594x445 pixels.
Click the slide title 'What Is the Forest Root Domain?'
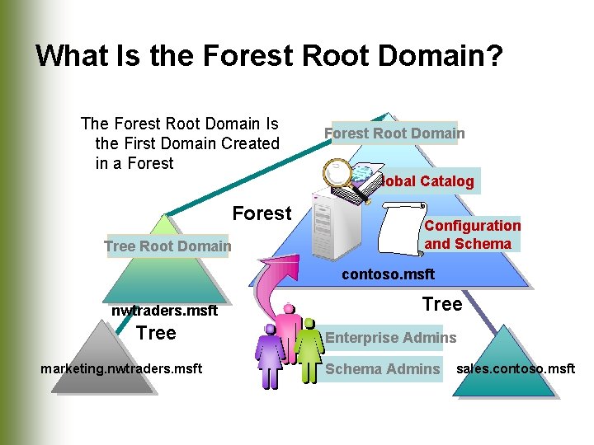[x=269, y=56]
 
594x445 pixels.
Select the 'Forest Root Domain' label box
[x=394, y=133]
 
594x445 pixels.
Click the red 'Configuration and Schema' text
[x=472, y=234]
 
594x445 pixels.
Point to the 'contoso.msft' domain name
[x=388, y=274]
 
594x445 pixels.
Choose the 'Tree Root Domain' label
[x=167, y=246]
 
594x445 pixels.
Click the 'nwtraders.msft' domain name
[x=164, y=311]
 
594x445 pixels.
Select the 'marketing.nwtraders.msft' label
[x=121, y=368]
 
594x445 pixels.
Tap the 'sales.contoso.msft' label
[x=516, y=368]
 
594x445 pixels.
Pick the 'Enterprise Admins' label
[x=389, y=337]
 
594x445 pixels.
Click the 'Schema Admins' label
[x=382, y=369]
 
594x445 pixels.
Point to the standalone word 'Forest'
[x=262, y=213]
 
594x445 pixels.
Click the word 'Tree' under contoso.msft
[x=442, y=304]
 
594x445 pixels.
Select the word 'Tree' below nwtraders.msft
[x=156, y=333]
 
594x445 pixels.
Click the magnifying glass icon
[x=338, y=175]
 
